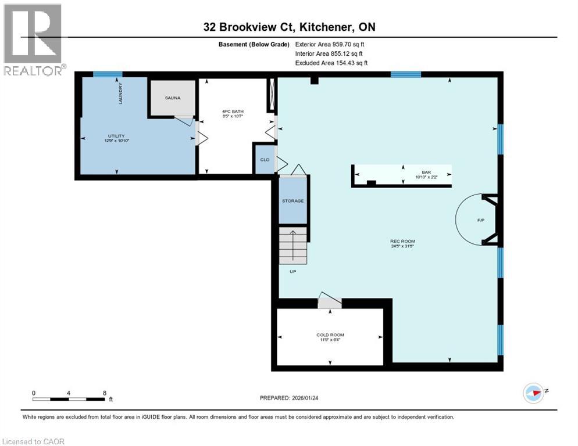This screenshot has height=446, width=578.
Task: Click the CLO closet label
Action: coord(264,159)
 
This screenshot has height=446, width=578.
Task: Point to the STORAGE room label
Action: coord(293,201)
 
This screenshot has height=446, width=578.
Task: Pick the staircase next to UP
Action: coord(292,245)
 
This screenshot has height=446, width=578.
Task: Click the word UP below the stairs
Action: coord(293,271)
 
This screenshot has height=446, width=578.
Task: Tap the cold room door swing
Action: coord(329,301)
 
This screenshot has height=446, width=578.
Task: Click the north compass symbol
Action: coord(533,393)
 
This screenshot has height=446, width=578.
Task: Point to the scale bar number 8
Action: coord(104,393)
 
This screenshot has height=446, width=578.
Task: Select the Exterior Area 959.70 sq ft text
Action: coord(330,44)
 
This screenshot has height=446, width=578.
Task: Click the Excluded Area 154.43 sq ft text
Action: coord(331,63)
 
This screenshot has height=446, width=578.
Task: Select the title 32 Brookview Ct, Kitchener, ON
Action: coord(289,27)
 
